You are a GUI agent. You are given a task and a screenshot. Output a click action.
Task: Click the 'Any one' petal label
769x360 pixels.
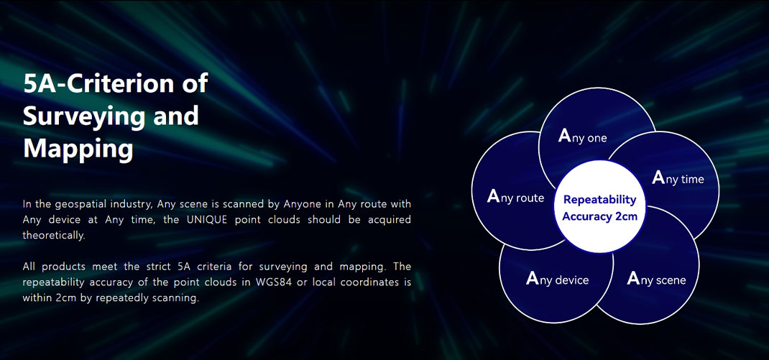point(583,137)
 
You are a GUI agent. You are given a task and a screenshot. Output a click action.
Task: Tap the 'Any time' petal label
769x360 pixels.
point(678,178)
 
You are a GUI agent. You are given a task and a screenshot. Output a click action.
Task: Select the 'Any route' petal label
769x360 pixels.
point(515,197)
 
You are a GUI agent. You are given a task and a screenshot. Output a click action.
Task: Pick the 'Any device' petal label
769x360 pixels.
point(557,280)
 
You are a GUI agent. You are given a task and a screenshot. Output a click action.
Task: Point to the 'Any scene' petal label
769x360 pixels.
point(657,279)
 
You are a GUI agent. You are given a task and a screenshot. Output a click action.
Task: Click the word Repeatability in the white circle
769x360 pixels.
point(600,200)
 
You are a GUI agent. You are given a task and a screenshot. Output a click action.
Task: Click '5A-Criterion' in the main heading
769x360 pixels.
point(87,83)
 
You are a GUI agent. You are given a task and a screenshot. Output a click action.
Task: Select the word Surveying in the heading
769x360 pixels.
point(81,116)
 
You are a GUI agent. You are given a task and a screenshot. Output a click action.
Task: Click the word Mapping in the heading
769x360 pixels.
point(78,149)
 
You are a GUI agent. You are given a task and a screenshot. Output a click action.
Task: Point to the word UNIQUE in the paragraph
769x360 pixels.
point(207,219)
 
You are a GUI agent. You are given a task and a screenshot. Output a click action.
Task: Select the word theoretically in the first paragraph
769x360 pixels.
point(54,236)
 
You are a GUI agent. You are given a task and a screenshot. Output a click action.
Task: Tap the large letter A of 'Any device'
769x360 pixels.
point(533,278)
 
